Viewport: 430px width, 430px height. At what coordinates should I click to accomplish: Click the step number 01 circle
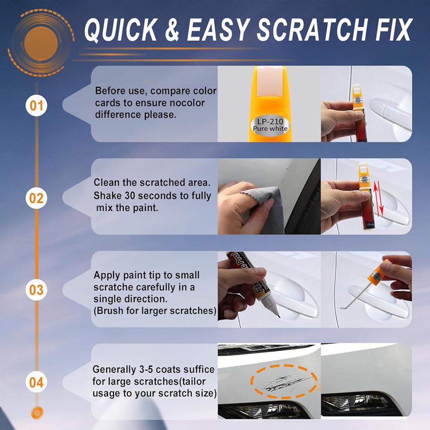pyautogui.click(x=37, y=106)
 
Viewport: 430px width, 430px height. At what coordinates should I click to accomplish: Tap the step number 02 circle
pyautogui.click(x=37, y=198)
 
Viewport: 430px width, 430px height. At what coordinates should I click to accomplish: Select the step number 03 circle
pyautogui.click(x=37, y=290)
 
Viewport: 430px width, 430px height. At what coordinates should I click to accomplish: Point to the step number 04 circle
pyautogui.click(x=37, y=383)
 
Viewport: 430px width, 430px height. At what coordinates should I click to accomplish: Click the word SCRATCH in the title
pyautogui.click(x=311, y=30)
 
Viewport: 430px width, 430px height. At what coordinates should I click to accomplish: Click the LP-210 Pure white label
pyautogui.click(x=270, y=125)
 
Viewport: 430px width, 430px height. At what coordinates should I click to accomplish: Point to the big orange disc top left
pyautogui.click(x=41, y=44)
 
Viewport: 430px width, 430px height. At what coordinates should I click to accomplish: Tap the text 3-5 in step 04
pyautogui.click(x=146, y=369)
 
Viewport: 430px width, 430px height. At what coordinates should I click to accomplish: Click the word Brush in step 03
pyautogui.click(x=110, y=311)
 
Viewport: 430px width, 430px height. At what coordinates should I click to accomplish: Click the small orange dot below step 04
pyautogui.click(x=37, y=413)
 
